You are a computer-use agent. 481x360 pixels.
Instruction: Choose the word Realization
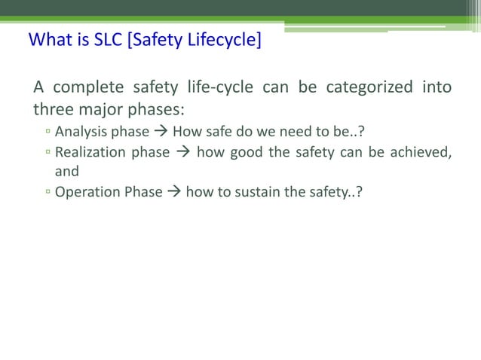pyautogui.click(x=90, y=153)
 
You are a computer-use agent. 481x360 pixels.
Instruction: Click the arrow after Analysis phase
pyautogui.click(x=161, y=133)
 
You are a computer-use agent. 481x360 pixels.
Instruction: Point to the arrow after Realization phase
pyautogui.click(x=183, y=153)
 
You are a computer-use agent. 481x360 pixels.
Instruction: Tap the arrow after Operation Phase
pyautogui.click(x=174, y=192)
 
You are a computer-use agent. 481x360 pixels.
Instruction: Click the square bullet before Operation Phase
pyautogui.click(x=47, y=193)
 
